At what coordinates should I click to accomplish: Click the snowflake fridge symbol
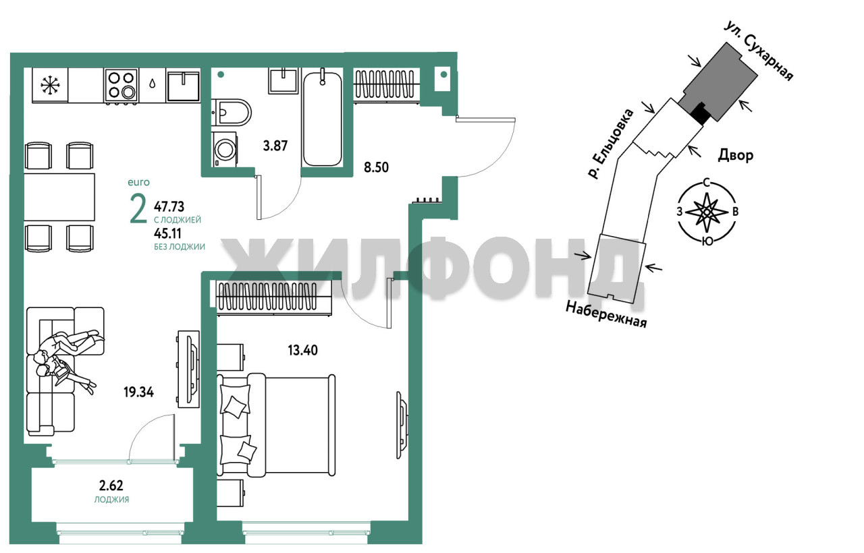pos(50,86)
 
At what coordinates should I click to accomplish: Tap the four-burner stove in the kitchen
pos(121,86)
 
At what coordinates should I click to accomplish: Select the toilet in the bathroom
pos(232,113)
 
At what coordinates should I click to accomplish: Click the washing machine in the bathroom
pos(224,149)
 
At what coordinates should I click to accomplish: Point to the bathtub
pos(323,118)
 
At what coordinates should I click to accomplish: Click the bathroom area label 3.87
pos(275,146)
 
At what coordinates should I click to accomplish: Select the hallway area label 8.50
pos(377,167)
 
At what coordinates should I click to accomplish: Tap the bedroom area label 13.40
pos(303,350)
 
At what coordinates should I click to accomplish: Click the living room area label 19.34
pos(139,392)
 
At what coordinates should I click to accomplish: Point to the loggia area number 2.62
pos(111,486)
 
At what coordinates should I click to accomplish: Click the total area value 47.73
pos(169,206)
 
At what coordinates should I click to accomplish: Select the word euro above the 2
pos(138,182)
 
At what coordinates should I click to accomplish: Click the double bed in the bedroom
pos(276,425)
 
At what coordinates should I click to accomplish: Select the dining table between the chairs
pos(59,197)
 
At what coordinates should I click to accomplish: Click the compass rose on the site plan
pos(707,212)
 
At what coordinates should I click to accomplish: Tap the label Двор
pos(736,155)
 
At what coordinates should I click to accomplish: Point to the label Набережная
pos(606,314)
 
